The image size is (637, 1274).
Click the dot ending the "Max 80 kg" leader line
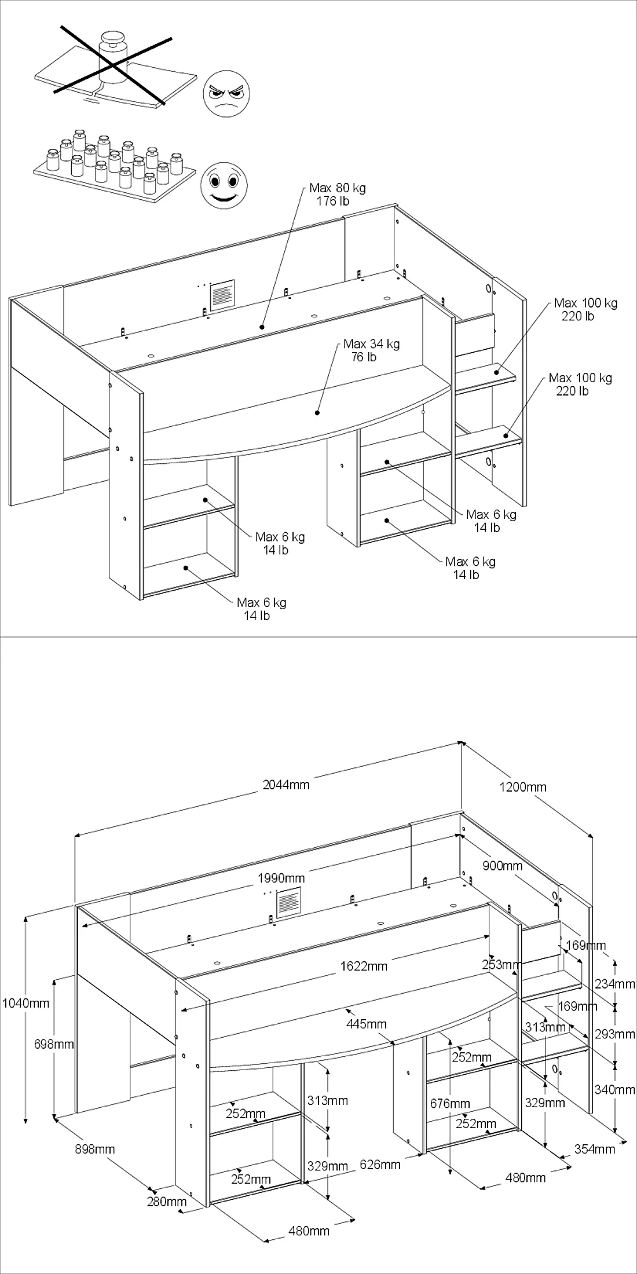point(262,327)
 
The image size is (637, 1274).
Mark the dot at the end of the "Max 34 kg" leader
point(317,412)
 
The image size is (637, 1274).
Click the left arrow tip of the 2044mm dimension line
point(75,836)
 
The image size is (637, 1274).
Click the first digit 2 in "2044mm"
point(266,785)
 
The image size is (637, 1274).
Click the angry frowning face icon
point(227,93)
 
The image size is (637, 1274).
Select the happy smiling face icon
point(224,185)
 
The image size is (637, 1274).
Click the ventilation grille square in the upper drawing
point(222,295)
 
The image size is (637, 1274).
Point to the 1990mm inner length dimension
point(281,878)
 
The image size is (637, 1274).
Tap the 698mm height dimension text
point(54,1044)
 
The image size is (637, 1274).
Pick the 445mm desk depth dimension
point(366,1024)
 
